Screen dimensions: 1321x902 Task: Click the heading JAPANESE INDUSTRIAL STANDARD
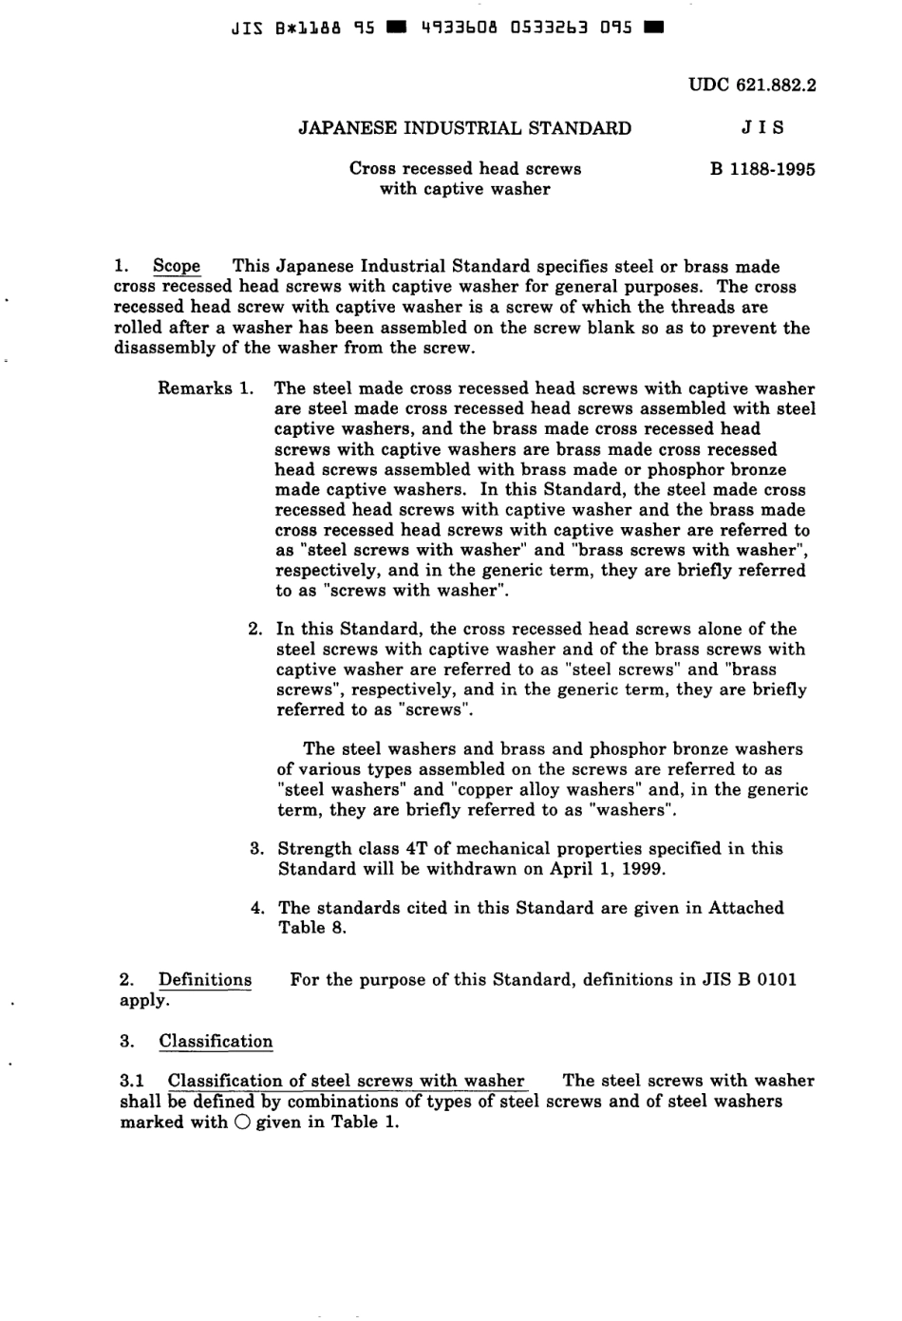click(x=464, y=128)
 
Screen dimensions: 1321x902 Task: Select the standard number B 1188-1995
click(x=762, y=170)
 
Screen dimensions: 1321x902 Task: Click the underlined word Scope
click(x=177, y=267)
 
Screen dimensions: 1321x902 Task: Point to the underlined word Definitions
click(x=205, y=980)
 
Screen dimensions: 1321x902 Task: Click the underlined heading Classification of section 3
click(x=216, y=1042)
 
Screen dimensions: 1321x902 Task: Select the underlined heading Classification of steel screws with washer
click(x=346, y=1081)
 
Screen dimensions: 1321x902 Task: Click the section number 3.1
click(x=132, y=1081)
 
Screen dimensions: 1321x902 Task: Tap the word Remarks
click(x=195, y=388)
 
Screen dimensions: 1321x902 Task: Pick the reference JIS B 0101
click(x=749, y=980)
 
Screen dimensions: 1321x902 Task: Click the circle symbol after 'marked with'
click(x=241, y=1123)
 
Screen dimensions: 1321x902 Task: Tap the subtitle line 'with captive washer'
click(x=464, y=189)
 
